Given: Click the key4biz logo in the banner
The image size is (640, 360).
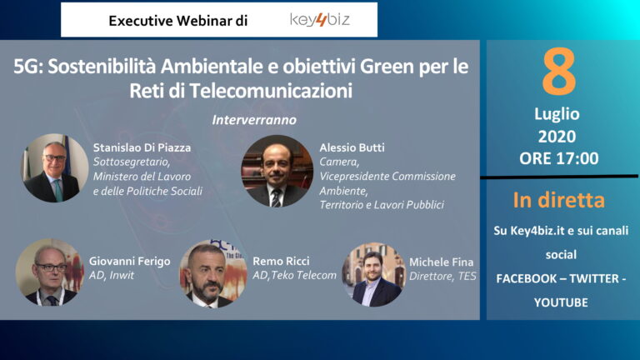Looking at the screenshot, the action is (x=320, y=20).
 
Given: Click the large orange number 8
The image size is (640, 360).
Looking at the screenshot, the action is (x=559, y=72).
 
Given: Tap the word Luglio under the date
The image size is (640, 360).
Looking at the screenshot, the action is (x=557, y=114).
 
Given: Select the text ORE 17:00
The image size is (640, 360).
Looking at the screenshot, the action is (x=559, y=158).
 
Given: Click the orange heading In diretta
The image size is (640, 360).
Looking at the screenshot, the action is (x=559, y=200).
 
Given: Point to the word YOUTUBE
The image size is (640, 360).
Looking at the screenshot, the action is (x=561, y=302).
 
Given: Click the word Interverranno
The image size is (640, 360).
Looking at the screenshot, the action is (x=254, y=120).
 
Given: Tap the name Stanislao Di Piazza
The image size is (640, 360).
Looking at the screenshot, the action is (x=142, y=147).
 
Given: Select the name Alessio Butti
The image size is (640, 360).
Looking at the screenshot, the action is (x=352, y=147).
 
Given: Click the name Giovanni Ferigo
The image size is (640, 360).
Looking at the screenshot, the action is (x=130, y=261).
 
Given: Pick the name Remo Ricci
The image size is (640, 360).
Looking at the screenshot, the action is (x=281, y=261).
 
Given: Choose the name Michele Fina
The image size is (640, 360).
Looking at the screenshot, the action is (x=441, y=262).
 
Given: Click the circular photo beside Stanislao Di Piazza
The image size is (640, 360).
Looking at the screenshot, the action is (x=55, y=168).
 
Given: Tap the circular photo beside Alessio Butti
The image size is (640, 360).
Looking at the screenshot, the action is (x=277, y=171).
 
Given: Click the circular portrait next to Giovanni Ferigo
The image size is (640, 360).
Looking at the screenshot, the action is (x=49, y=272).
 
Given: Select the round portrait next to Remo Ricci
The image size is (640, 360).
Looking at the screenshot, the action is (x=213, y=274).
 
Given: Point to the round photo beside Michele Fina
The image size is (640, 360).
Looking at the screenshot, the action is (x=374, y=275).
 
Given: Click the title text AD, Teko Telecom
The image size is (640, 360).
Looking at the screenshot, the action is (x=294, y=276).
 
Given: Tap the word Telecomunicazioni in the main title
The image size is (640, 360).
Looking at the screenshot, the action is (x=271, y=91).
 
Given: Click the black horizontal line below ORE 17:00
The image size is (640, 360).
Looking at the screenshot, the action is (x=559, y=177).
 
